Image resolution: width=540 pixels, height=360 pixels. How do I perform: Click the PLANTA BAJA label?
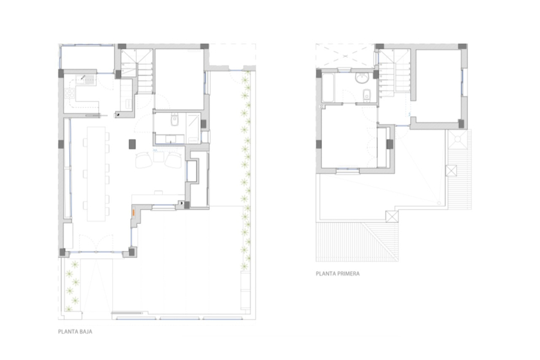click(x=75, y=331)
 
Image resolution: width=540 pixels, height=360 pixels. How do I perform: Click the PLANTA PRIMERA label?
click(x=338, y=273)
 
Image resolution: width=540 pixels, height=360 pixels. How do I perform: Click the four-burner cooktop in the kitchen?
click(x=70, y=94)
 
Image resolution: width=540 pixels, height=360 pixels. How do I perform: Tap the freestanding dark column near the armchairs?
click(x=132, y=143)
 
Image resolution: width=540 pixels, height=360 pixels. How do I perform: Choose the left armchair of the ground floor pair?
click(x=145, y=160)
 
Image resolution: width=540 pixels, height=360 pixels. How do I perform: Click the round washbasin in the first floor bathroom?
click(x=362, y=77)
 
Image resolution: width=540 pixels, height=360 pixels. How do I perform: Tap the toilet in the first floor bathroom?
click(x=366, y=94)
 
